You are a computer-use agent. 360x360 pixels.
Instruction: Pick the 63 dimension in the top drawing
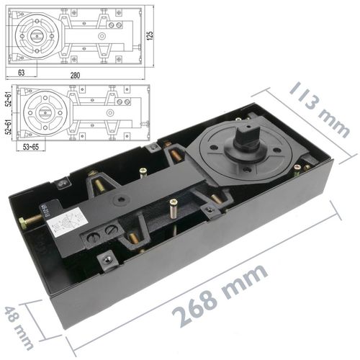[x=22, y=72]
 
